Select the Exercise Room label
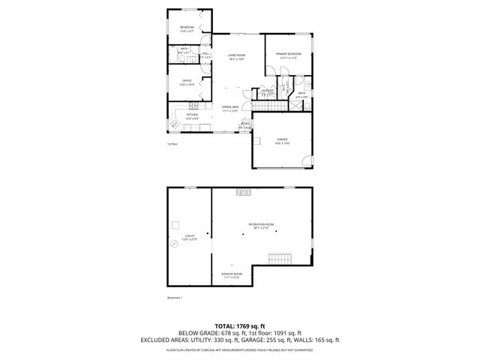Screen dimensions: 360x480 point(231,275)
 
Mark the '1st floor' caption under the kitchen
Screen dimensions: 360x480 point(172,144)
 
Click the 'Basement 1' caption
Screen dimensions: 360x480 point(175,298)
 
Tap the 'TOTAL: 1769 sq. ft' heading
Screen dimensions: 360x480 point(239,325)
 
